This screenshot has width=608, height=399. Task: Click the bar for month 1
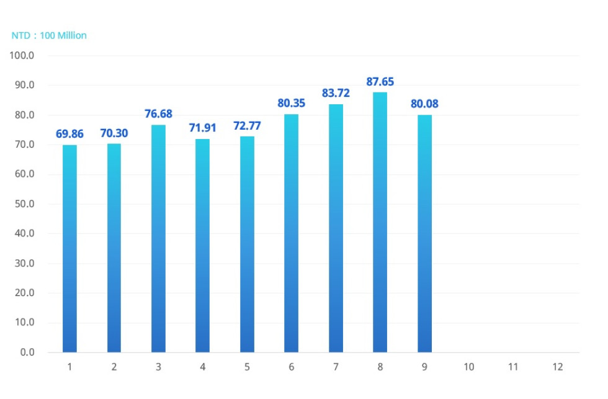click(x=69, y=248)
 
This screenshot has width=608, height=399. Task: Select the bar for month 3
click(x=158, y=239)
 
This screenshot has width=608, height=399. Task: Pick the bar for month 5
click(x=247, y=244)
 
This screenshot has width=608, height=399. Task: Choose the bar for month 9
click(x=424, y=233)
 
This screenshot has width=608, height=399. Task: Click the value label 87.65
click(x=380, y=82)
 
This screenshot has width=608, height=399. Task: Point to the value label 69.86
click(x=69, y=134)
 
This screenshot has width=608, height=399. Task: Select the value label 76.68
click(x=158, y=114)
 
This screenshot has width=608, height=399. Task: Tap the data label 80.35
click(x=291, y=103)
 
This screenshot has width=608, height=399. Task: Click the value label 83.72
click(x=336, y=93)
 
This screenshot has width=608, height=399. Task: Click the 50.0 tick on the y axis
click(x=23, y=204)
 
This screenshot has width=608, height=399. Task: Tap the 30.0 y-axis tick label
click(x=23, y=264)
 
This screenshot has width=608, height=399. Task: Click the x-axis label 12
click(x=557, y=367)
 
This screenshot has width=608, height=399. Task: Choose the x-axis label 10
click(x=468, y=367)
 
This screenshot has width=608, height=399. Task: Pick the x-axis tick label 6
click(x=291, y=367)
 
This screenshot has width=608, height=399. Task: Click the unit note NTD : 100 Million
click(x=49, y=36)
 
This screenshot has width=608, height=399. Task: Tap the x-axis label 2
click(x=114, y=367)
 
